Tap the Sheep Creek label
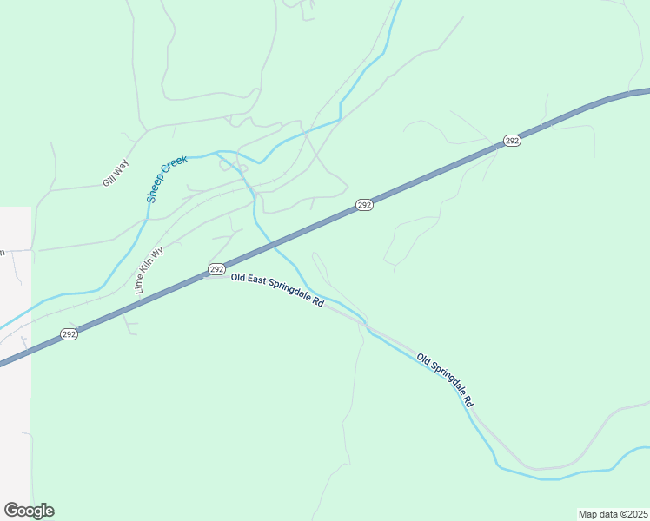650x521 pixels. tap(167, 179)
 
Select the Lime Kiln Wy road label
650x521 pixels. tap(149, 271)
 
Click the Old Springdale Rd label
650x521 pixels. tap(445, 380)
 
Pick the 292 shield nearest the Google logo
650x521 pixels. tap(70, 334)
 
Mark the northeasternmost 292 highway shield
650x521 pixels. tap(512, 141)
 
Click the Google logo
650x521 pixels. tap(29, 511)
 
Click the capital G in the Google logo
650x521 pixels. tap(11, 510)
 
